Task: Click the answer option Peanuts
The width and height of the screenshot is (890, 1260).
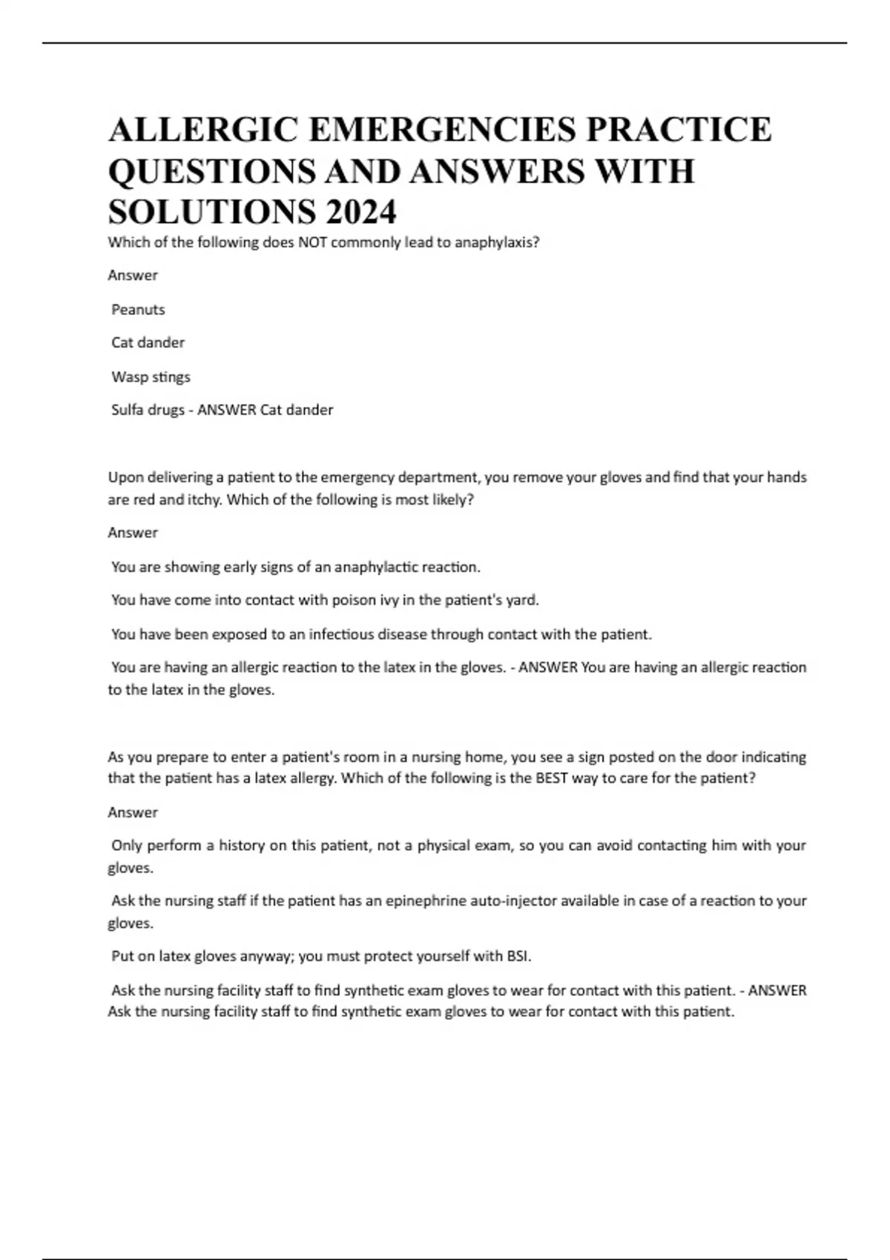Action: (x=138, y=310)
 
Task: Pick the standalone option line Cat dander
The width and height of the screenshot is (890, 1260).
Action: (x=148, y=342)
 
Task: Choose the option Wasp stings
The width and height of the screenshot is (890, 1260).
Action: (x=151, y=377)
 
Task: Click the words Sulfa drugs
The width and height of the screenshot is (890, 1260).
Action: (x=148, y=410)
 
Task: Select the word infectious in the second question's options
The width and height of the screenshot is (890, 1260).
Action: (x=342, y=634)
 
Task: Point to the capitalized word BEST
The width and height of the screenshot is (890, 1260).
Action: (x=551, y=778)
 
